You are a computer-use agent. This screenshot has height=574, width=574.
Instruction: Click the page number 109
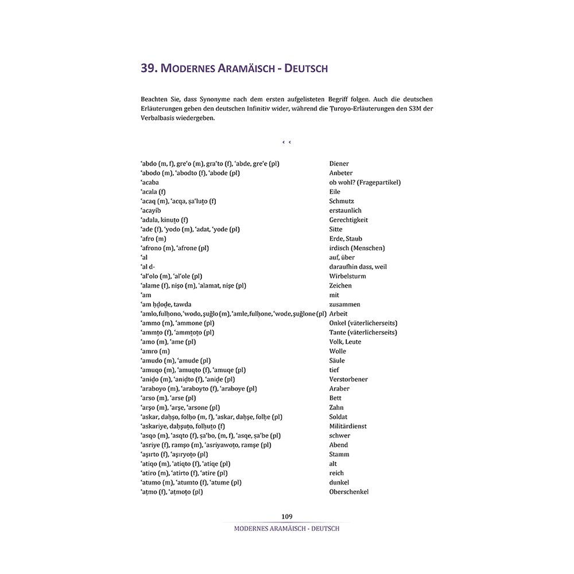(x=287, y=517)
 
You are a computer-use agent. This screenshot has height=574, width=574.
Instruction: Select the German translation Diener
(x=339, y=164)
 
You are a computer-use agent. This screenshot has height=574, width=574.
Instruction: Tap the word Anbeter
(x=340, y=173)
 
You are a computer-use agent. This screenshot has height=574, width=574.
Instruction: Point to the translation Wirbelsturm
(x=347, y=276)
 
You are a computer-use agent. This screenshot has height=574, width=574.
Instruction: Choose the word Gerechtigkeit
(x=348, y=220)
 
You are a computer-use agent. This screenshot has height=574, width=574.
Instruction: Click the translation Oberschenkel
(x=348, y=492)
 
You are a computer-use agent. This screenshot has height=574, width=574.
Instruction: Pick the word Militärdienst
(x=348, y=426)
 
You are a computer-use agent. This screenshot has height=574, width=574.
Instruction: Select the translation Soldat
(x=338, y=417)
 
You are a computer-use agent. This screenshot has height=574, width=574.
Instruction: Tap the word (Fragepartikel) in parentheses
(x=379, y=183)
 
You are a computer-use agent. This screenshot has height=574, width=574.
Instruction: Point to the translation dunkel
(x=339, y=483)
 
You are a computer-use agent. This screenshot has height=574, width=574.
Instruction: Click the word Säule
(x=337, y=360)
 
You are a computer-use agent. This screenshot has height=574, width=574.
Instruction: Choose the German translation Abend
(x=338, y=445)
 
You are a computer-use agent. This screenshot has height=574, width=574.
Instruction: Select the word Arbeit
(x=339, y=314)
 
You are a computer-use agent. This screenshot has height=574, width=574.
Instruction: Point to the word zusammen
(x=344, y=304)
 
